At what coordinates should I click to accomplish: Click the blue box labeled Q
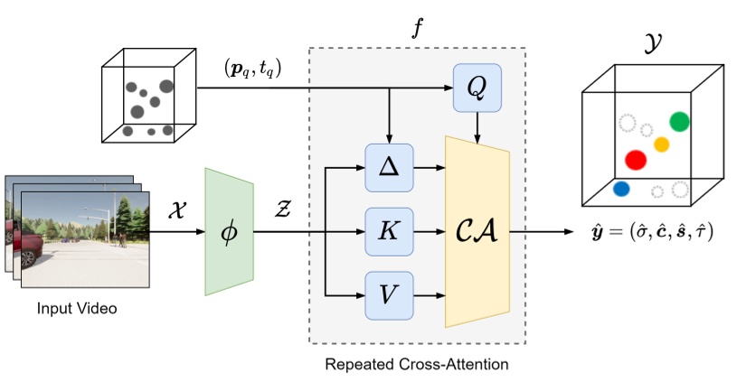pyautogui.click(x=477, y=88)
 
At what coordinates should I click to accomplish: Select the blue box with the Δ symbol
pyautogui.click(x=388, y=167)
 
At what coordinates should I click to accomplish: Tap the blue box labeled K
pyautogui.click(x=388, y=231)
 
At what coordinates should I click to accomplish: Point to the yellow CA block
pyautogui.click(x=477, y=231)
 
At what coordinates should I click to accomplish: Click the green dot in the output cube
pyautogui.click(x=679, y=122)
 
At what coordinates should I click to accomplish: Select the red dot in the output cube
pyautogui.click(x=636, y=160)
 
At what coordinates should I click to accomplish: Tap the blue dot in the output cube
pyautogui.click(x=620, y=190)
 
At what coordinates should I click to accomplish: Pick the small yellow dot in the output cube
pyautogui.click(x=661, y=144)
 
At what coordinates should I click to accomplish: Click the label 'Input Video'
pyautogui.click(x=77, y=309)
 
